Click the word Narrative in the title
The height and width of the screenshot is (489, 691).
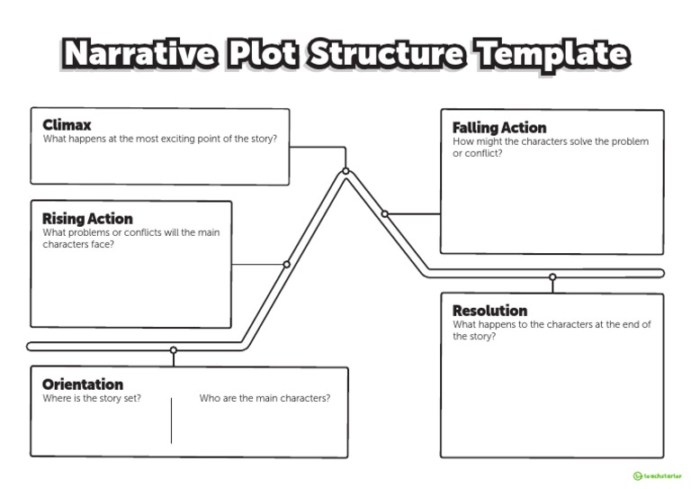(x=139, y=55)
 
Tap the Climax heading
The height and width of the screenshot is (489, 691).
(x=67, y=125)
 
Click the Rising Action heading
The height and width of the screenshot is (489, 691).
(x=87, y=219)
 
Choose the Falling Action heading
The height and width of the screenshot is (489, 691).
(x=498, y=128)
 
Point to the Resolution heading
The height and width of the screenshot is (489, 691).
(x=489, y=311)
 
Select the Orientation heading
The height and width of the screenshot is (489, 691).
(x=83, y=385)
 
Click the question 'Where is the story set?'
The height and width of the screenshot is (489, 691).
(x=92, y=398)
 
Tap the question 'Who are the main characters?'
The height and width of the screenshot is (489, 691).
(x=265, y=398)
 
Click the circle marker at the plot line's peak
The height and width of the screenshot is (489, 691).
(x=345, y=171)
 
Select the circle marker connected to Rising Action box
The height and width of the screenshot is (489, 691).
(x=287, y=265)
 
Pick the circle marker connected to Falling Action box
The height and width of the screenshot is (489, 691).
(x=385, y=214)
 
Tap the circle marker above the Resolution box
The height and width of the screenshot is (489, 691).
(x=552, y=277)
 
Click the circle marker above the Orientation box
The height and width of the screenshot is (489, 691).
(x=174, y=350)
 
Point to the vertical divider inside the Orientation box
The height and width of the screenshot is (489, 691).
(x=171, y=420)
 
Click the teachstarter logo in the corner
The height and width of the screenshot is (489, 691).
(x=657, y=475)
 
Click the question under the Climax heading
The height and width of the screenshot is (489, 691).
(x=159, y=139)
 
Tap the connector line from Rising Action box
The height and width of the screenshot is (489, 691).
(x=258, y=265)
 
